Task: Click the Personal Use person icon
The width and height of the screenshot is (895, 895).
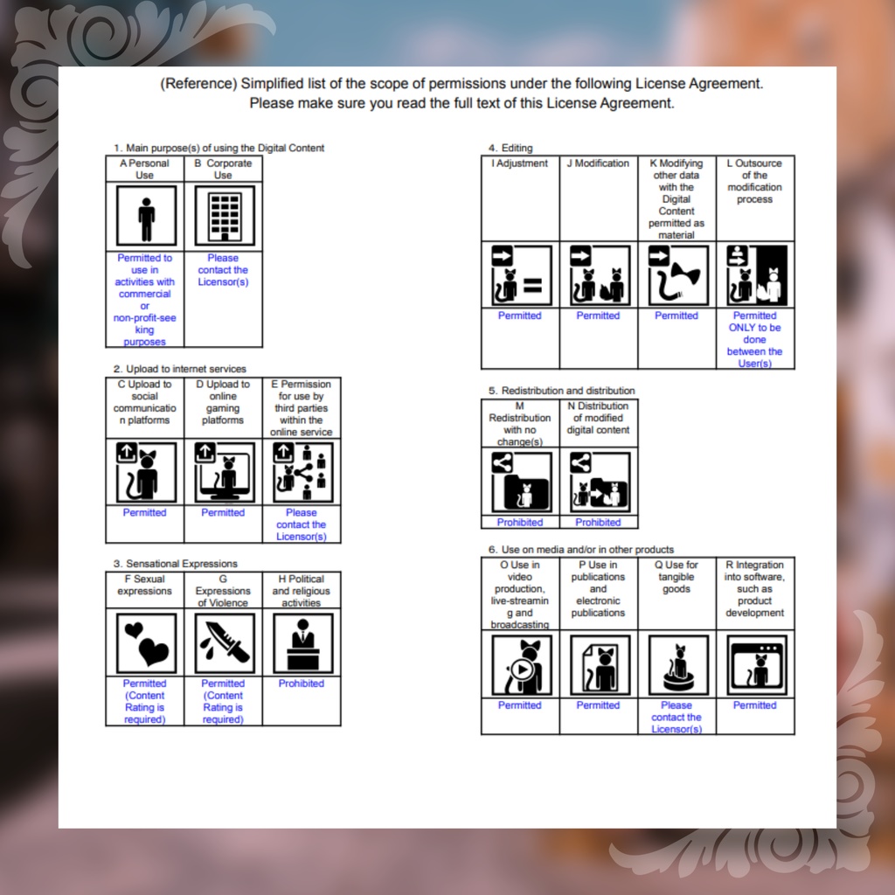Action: coord(146,217)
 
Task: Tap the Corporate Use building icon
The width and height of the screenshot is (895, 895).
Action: coord(225,217)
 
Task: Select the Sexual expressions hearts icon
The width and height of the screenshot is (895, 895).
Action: coord(146,643)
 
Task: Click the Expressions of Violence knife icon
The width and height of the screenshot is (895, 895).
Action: coord(225,643)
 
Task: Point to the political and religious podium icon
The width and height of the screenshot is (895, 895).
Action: coord(302,643)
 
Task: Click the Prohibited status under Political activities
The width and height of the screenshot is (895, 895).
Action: coord(301,683)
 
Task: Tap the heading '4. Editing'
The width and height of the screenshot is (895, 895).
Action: coord(510,148)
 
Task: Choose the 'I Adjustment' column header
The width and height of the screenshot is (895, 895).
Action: coord(519,163)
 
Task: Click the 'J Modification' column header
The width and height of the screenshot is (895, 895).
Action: coord(598,163)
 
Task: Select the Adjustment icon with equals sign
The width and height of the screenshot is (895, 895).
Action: coord(522,275)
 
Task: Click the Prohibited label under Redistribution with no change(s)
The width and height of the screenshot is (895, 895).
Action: coord(519,523)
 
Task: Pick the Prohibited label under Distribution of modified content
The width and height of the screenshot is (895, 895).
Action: coord(598,523)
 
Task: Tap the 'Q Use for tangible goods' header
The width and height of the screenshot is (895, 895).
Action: coord(676,577)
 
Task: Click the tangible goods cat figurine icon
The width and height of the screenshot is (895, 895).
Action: coord(678,665)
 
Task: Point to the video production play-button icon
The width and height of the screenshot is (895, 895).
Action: coord(522,665)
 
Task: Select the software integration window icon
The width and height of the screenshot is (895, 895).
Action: coord(756,665)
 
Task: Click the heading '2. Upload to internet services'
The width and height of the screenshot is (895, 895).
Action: coord(179,369)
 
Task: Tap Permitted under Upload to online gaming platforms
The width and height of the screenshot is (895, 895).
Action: coord(223,512)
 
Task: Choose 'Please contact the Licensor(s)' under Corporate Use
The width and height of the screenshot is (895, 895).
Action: coord(223,270)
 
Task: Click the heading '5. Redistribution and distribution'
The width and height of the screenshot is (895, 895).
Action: coord(561,391)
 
